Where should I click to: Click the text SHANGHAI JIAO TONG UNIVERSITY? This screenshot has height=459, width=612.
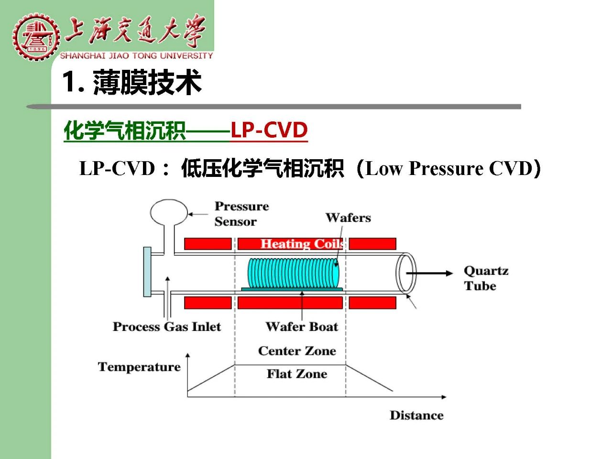136,56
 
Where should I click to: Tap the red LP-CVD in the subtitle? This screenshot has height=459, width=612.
269,130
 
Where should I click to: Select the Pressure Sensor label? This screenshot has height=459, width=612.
242,214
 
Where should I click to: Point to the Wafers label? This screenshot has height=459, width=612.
348,218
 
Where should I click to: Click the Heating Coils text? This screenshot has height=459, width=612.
302,244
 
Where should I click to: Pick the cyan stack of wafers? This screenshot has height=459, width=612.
294,273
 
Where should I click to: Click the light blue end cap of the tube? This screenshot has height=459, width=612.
147,272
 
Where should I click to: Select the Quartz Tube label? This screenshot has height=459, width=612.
486,278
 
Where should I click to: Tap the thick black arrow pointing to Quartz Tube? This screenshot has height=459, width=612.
429,273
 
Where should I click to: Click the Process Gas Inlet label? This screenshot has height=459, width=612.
167,327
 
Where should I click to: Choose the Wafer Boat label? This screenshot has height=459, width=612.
302,327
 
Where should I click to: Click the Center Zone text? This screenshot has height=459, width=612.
297,351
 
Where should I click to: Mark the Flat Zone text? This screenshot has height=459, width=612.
297,374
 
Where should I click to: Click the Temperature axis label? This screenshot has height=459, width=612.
139,367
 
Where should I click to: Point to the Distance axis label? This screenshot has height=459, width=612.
416,415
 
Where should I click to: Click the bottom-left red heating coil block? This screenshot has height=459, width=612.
208,303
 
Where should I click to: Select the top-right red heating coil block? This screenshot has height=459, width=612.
372,244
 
